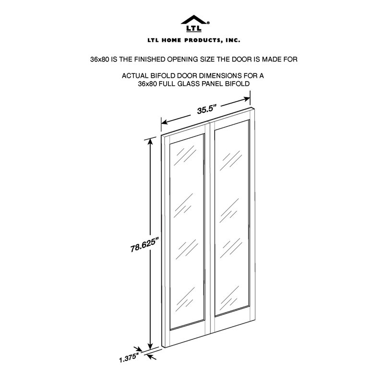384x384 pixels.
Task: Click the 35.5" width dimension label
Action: pos(207,109)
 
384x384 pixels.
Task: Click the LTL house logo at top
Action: pos(195,24)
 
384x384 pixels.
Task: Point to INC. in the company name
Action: pos(233,40)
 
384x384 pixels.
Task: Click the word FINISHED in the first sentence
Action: pos(150,59)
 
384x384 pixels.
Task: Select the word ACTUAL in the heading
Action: pos(134,76)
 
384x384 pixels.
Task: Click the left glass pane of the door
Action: pos(187,231)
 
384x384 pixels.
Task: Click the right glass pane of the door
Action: pos(232,218)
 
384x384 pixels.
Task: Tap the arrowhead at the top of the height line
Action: pos(150,142)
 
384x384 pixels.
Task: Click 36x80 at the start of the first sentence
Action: pos(99,59)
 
